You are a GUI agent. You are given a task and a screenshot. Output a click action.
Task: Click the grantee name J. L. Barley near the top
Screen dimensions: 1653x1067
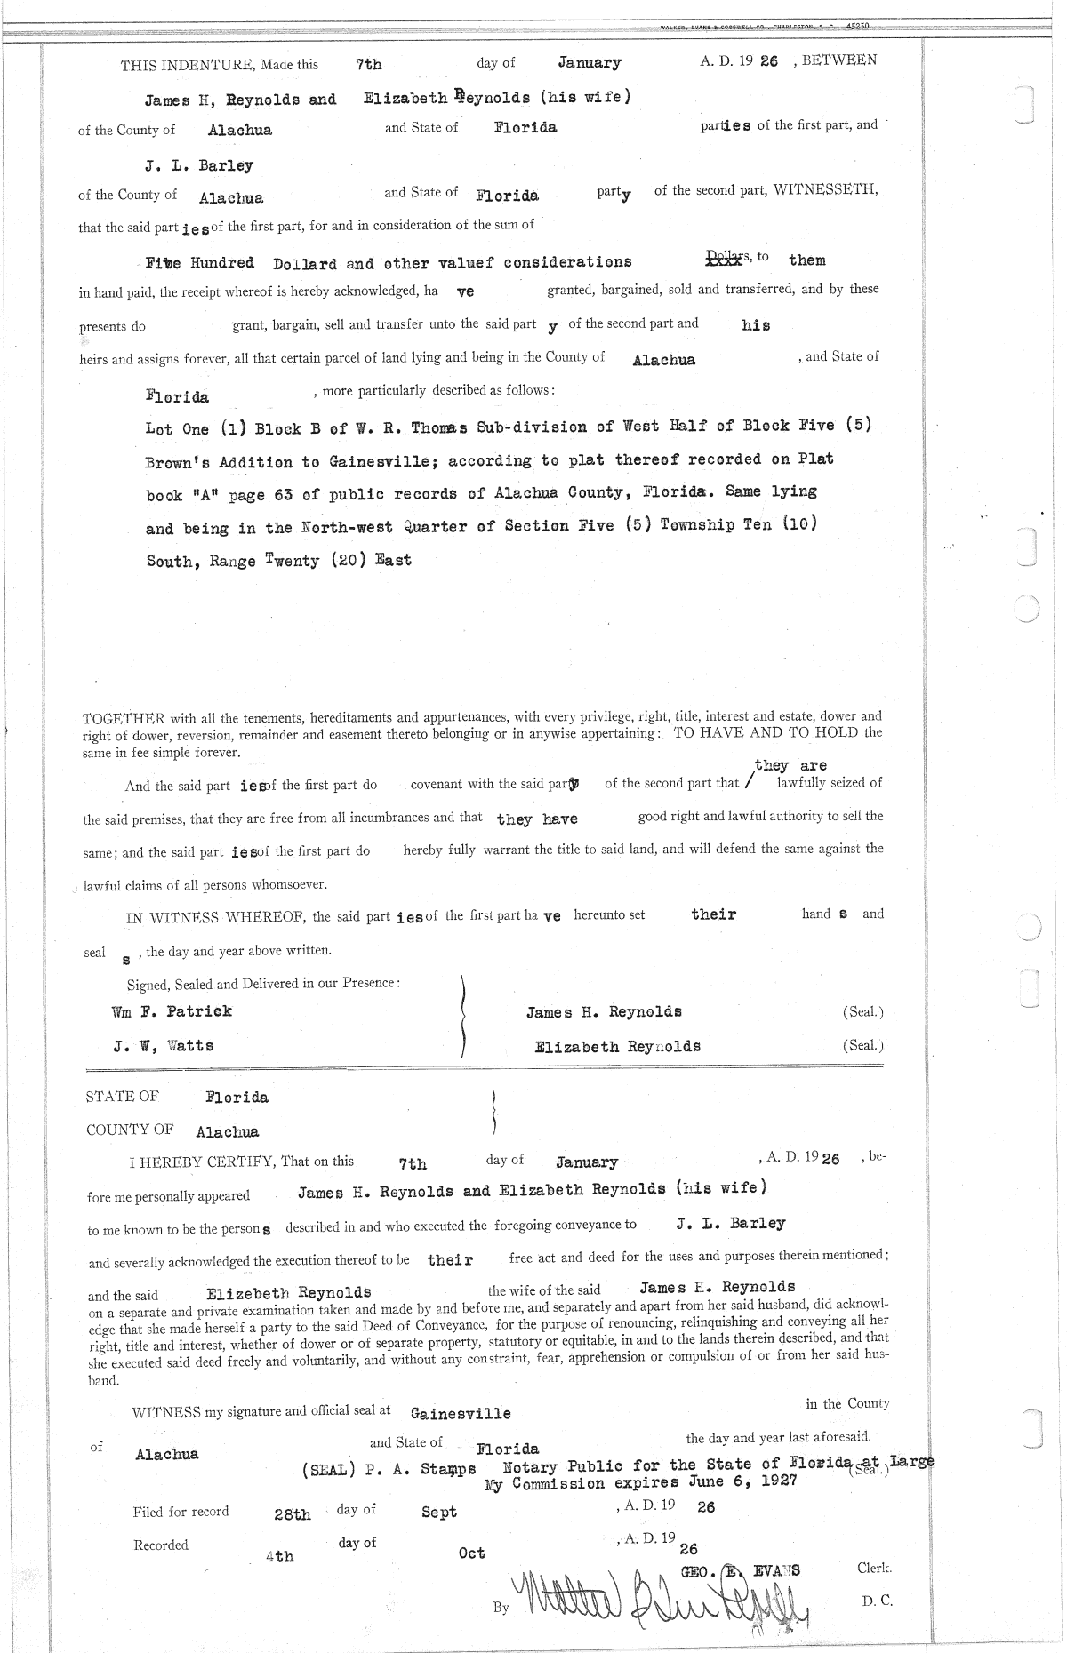(199, 166)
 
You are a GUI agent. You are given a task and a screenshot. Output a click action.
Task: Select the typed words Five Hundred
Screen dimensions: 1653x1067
(200, 264)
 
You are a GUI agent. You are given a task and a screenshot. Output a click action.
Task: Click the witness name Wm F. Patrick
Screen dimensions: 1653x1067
(172, 1011)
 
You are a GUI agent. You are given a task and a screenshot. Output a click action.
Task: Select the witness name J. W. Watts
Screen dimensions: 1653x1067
(164, 1046)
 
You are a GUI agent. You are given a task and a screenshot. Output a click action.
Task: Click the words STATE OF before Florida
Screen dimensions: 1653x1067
(123, 1097)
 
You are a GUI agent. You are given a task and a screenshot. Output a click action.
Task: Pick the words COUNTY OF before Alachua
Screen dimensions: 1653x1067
(130, 1130)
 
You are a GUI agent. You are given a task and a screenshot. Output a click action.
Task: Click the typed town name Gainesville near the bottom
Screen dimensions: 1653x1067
(461, 1413)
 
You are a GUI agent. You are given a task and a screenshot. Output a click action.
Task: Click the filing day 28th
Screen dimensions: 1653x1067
(293, 1514)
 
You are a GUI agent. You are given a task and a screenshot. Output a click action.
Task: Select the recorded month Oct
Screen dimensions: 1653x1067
(471, 1553)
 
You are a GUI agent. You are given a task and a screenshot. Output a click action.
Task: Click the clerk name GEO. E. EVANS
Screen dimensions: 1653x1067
(740, 1570)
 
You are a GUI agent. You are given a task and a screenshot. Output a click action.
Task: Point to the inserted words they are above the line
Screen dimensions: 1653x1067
(790, 765)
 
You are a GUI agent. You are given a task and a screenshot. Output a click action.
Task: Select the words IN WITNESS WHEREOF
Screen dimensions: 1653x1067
(216, 917)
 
